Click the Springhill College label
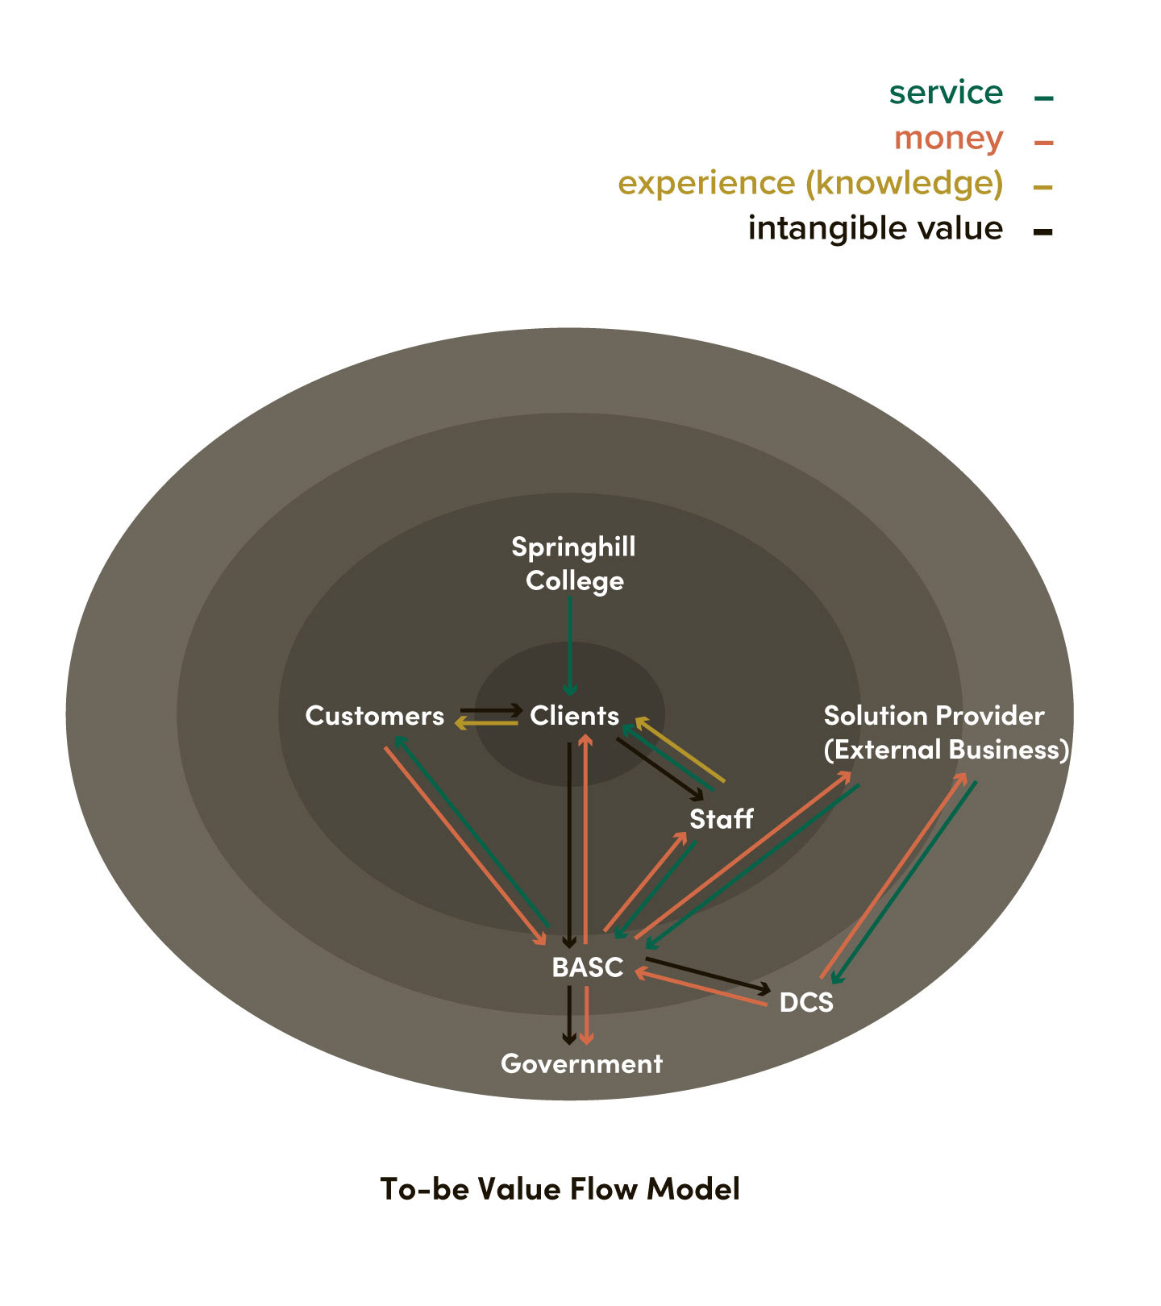click(574, 564)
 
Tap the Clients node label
click(574, 716)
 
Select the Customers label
click(375, 716)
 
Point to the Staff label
click(721, 819)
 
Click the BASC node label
click(587, 967)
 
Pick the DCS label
click(806, 1003)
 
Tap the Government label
click(581, 1064)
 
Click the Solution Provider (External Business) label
click(946, 733)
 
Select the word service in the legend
click(946, 94)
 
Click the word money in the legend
click(948, 139)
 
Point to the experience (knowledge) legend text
click(810, 184)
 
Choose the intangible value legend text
click(875, 229)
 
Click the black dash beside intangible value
click(1043, 232)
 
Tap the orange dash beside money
click(1043, 143)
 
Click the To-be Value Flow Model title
click(560, 1189)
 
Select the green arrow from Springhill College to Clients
click(570, 645)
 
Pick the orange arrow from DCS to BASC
click(701, 989)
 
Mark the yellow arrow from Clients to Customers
click(487, 724)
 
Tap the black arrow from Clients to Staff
click(660, 768)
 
